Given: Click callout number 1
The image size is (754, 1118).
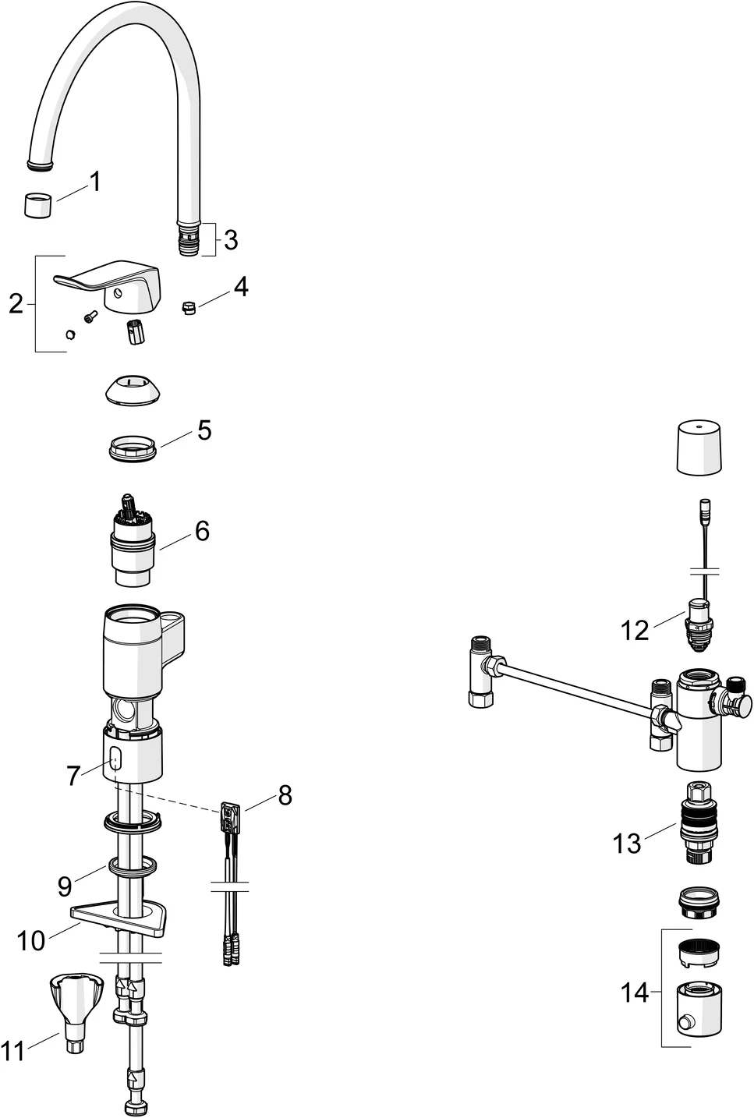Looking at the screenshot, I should point(95,182).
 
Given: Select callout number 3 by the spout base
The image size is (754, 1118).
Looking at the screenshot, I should point(231,240).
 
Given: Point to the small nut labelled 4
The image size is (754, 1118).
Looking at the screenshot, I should point(187,306).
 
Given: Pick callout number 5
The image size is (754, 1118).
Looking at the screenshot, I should point(204,430).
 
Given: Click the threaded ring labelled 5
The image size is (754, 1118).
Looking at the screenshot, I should point(134,450).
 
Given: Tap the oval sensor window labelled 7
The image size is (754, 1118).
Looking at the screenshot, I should point(115,761).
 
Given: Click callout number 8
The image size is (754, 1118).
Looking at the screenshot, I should point(285,795).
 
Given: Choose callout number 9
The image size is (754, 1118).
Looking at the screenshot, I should point(65,886).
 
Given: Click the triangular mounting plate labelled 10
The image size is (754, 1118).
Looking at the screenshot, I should point(121,918).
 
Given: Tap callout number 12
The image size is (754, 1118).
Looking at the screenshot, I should point(635,629).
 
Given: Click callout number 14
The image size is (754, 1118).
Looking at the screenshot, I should point(635,992).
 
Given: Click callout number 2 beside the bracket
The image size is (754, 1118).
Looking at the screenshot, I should point(16,304).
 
